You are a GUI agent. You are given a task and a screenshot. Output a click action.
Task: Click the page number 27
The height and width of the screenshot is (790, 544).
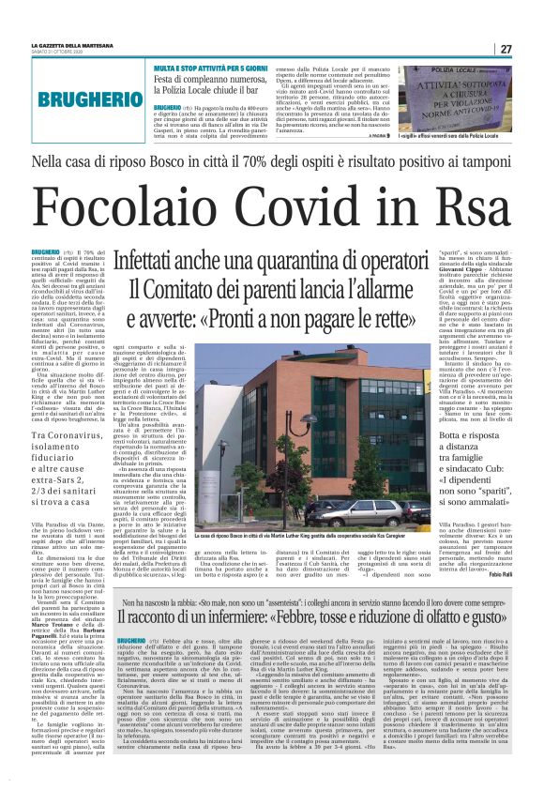505,49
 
